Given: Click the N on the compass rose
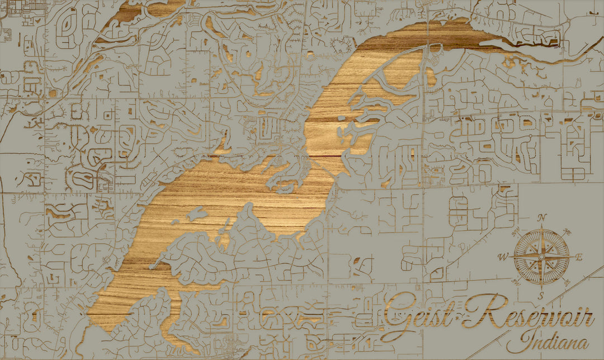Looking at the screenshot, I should click(x=541, y=218).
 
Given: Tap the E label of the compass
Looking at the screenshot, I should click(x=579, y=257).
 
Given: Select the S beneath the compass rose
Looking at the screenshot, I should click(x=541, y=296).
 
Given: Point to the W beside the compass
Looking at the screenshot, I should click(x=502, y=257).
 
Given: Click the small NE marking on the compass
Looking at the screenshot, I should click(x=567, y=230).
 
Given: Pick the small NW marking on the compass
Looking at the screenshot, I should click(x=515, y=230).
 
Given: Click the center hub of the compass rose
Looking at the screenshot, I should click(x=541, y=257).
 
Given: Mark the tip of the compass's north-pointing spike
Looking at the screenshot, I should click(x=541, y=224).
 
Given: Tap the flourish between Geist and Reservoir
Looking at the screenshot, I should click(x=457, y=319).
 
